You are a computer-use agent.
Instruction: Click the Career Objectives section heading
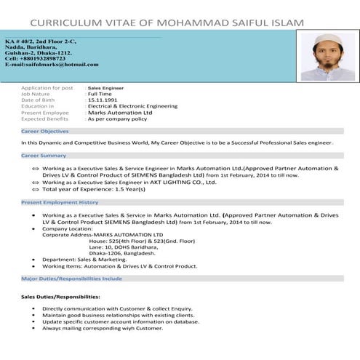[45, 131]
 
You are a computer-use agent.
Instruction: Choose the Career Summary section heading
[44, 156]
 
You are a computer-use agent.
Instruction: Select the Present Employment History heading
[60, 202]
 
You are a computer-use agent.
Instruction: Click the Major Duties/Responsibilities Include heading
[71, 279]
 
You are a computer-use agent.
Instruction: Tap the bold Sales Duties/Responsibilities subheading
[60, 297]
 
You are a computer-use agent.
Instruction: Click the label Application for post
[47, 88]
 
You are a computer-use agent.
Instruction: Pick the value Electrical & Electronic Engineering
[132, 106]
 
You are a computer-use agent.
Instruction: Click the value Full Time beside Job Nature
[100, 94]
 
